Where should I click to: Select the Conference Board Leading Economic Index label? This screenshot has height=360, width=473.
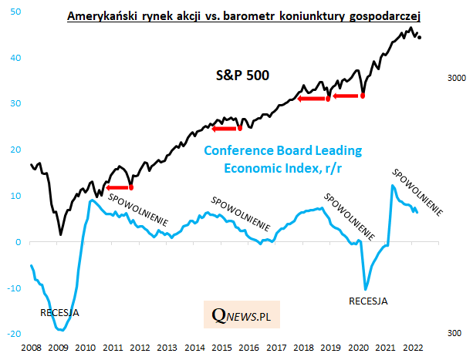click(281, 159)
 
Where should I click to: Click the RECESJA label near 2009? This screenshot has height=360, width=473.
click(59, 313)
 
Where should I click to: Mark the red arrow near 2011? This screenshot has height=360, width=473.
click(118, 187)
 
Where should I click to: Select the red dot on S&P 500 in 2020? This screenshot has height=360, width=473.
click(363, 96)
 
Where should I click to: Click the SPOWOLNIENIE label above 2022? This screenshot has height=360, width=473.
click(417, 192)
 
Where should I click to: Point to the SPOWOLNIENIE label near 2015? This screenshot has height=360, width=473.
click(242, 214)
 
